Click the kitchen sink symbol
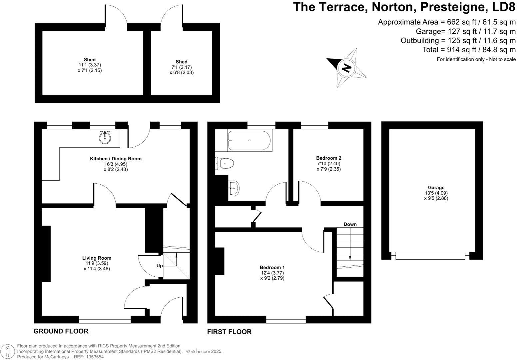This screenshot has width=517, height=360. (x=106, y=137)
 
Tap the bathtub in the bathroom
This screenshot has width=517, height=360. (x=250, y=140)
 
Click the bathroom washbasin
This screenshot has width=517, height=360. (x=234, y=189)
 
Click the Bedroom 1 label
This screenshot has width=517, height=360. (x=272, y=267)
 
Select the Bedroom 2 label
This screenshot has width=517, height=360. (x=328, y=158)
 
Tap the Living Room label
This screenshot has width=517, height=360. (x=97, y=258)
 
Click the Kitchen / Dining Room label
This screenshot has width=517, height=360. (x=116, y=159)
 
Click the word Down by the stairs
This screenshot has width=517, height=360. (x=350, y=224)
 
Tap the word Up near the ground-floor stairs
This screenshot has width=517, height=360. (x=160, y=266)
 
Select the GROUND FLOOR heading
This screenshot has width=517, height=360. (x=61, y=331)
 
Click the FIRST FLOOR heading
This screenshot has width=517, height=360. (x=229, y=332)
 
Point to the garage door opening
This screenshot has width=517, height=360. (x=430, y=256)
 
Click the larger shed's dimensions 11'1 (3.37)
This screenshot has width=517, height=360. (x=90, y=65)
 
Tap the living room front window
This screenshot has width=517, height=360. (x=105, y=320)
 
